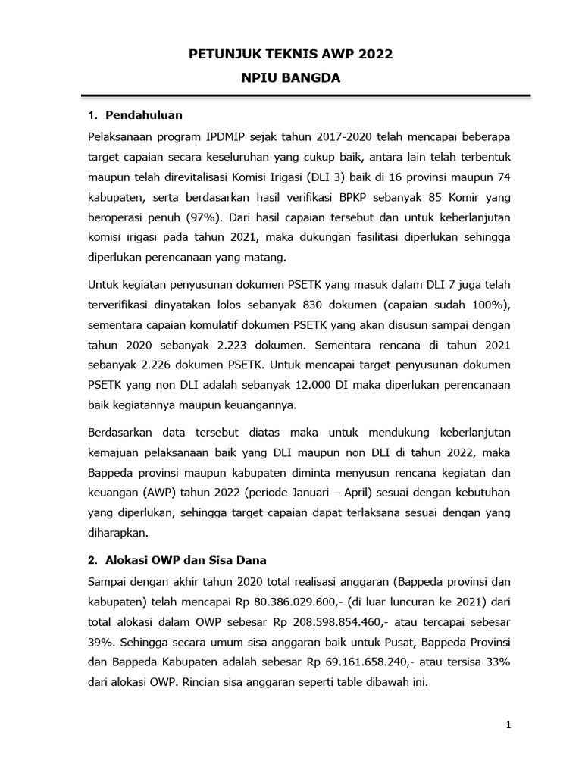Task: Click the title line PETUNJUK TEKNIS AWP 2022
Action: click(291, 55)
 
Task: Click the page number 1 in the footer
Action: click(509, 724)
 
